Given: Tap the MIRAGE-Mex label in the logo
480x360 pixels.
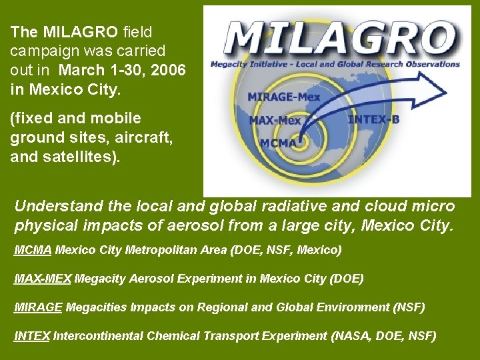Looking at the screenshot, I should pyautogui.click(x=284, y=97).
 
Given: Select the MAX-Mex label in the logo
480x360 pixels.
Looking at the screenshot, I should pyautogui.click(x=275, y=121).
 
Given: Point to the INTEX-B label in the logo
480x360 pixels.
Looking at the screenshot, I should pyautogui.click(x=374, y=120).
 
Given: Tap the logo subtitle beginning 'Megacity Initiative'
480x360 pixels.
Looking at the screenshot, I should pyautogui.click(x=335, y=65).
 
